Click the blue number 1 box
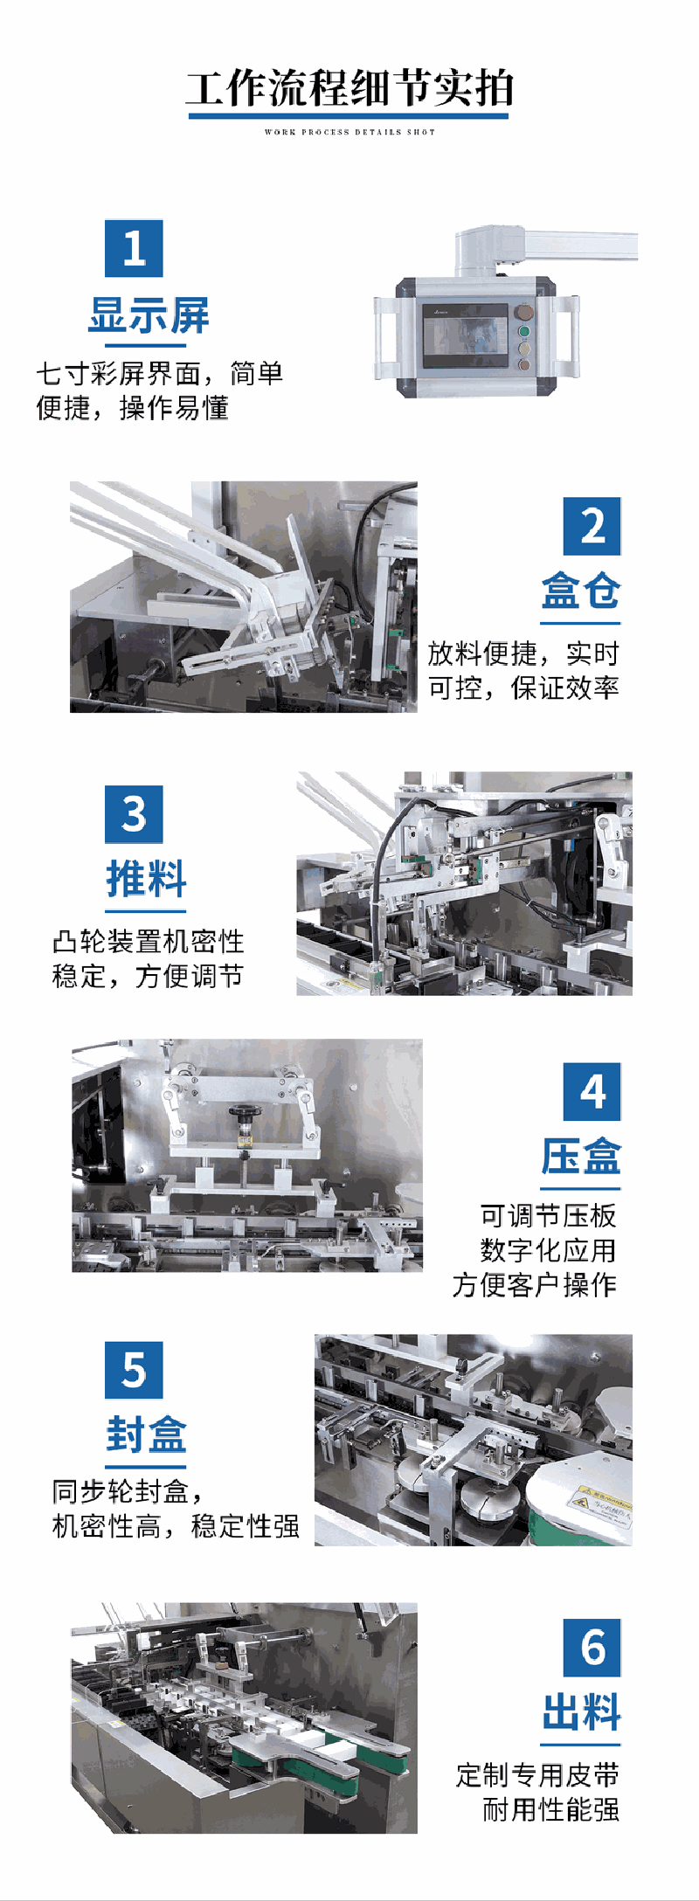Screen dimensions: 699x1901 (x=134, y=248)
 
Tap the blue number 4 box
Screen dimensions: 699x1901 (x=592, y=1091)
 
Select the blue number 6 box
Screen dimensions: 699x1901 (x=592, y=1648)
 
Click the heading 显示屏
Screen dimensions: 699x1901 (x=149, y=315)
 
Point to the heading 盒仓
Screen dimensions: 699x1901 (x=581, y=591)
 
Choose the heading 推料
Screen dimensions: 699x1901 (x=147, y=879)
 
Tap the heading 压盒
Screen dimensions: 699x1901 (x=581, y=1157)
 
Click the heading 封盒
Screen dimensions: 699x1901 (x=147, y=1434)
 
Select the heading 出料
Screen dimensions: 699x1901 (x=581, y=1712)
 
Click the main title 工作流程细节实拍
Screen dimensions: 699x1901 (x=349, y=88)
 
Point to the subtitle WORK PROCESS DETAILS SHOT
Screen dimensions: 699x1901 (x=349, y=132)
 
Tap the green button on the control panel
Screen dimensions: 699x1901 (x=524, y=332)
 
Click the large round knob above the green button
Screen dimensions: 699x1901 (x=524, y=313)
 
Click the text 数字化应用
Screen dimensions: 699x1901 (x=549, y=1250)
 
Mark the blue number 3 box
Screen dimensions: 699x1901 (x=134, y=814)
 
